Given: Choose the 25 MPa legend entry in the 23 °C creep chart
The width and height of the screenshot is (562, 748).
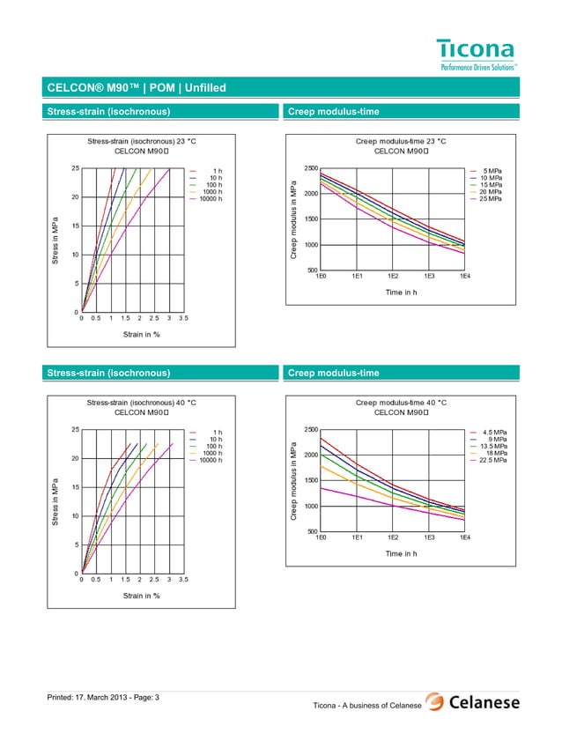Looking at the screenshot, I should (490, 199).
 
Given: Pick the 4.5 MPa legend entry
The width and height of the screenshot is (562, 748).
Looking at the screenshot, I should (492, 432).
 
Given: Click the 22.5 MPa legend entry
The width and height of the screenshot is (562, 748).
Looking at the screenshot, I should (490, 460).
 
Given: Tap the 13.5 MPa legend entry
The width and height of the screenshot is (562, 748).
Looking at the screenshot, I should (490, 446).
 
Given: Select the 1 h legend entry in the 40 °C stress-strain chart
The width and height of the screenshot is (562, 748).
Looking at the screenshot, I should (217, 432).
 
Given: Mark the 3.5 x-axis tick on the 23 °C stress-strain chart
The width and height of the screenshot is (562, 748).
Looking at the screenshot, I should (183, 319).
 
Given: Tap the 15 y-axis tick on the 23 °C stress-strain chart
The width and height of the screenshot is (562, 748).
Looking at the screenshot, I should (76, 226).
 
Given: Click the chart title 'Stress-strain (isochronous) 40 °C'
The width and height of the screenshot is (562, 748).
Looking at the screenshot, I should (141, 402).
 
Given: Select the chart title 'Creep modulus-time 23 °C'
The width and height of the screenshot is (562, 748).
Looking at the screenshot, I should (401, 141).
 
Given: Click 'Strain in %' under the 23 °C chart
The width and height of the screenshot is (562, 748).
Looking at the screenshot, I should (141, 335).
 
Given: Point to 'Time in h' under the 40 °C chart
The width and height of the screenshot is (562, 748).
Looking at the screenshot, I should (400, 553).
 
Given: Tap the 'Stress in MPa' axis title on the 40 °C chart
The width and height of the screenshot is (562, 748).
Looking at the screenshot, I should (55, 502).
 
